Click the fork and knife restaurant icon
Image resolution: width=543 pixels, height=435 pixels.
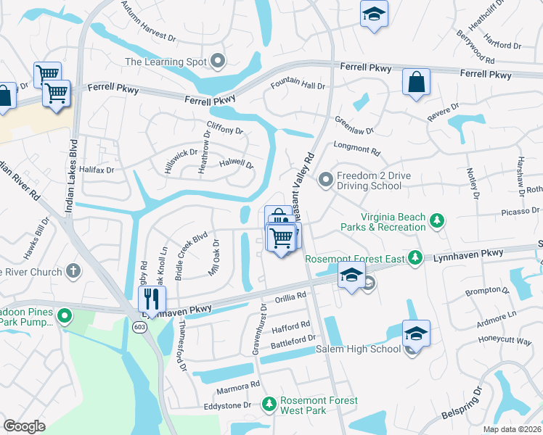coord(152,298)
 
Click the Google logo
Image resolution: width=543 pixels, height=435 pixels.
coord(24,426)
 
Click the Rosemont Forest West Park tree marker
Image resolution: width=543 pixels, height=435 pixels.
coord(269,402)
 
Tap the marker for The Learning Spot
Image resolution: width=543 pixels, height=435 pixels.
coord(217,62)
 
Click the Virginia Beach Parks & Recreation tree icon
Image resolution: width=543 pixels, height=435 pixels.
coord(436,220)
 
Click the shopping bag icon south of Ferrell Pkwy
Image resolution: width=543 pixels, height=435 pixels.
coord(417,83)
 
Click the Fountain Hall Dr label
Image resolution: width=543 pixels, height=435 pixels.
coord(298,86)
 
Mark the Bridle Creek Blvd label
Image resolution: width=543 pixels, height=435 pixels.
coord(191,256)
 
